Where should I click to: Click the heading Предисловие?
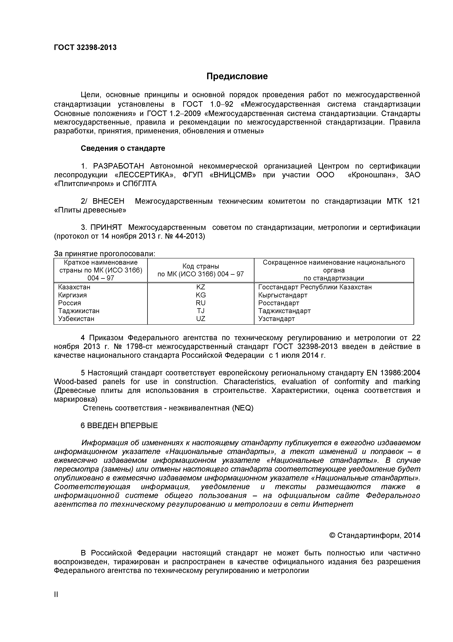237,76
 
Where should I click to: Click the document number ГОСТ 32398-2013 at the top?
85,48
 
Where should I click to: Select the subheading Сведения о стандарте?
123,148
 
